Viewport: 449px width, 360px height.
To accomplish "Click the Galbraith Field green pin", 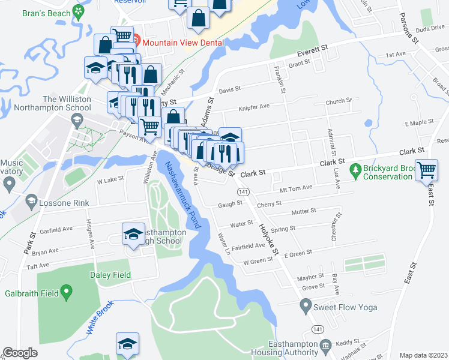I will [x=67, y=293].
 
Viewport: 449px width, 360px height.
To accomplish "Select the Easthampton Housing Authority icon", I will [x=326, y=345].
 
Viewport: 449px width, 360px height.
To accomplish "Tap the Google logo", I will [x=20, y=353].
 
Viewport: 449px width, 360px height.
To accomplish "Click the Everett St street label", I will [x=312, y=47].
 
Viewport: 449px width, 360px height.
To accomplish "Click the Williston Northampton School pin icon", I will [x=77, y=122].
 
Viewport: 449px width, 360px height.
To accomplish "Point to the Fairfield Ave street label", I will [x=249, y=245].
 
